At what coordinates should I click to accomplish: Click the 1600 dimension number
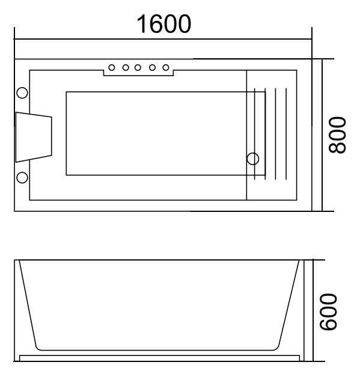point(163,24)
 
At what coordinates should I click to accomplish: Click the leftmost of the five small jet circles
point(112,67)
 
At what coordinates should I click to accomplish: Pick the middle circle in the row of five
point(138,67)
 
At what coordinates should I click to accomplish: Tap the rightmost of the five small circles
point(165,67)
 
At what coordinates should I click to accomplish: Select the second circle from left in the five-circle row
point(125,67)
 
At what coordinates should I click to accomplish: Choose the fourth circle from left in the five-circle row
point(151,67)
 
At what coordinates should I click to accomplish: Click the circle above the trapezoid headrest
point(22,92)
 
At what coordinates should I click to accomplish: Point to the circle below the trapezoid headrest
point(22,177)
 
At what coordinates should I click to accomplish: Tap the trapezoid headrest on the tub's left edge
point(33,137)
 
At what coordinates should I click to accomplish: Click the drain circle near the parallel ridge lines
point(253,158)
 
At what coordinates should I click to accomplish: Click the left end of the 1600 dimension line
point(15,40)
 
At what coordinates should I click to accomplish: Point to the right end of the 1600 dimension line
point(312,40)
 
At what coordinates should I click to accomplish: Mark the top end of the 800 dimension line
point(323,59)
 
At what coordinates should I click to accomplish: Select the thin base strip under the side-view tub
point(159,358)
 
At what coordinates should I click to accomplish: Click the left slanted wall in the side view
point(28,303)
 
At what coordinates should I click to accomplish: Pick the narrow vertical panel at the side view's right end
point(308,310)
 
